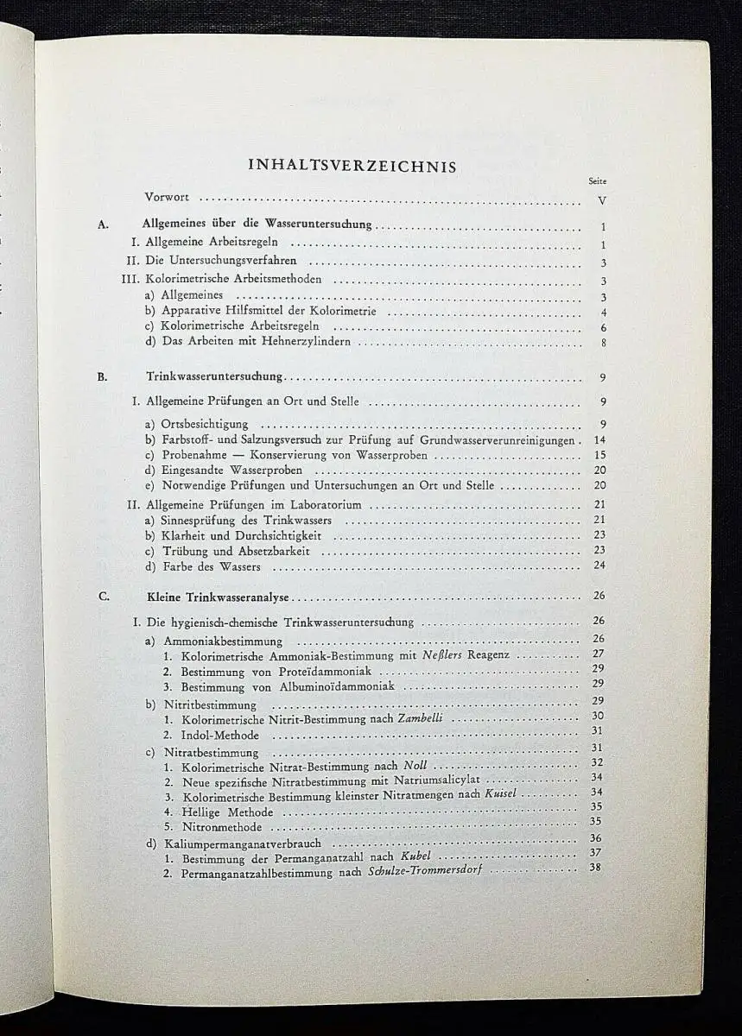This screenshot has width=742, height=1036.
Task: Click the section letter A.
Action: pos(102,224)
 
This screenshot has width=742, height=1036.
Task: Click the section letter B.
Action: pos(102,376)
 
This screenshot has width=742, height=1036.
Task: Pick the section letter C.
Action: pos(103,596)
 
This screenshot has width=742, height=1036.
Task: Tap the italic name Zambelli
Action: pos(423,718)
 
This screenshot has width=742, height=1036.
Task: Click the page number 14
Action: pos(599,440)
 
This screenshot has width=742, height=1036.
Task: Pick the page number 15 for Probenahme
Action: pos(599,456)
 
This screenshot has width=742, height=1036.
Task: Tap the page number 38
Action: pos(594,868)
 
